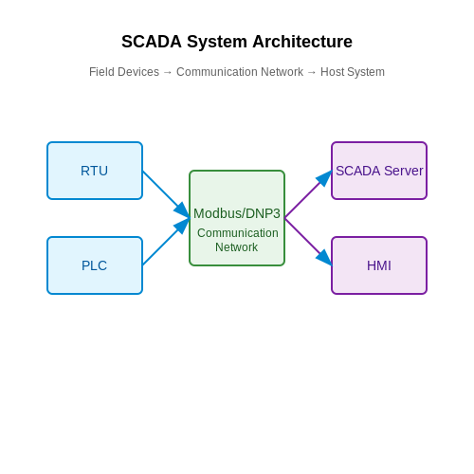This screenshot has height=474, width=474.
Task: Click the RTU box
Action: pos(95,171)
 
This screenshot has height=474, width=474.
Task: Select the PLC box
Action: pos(95,265)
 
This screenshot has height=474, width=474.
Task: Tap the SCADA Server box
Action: pos(379,171)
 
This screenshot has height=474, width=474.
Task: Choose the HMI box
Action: pos(379,265)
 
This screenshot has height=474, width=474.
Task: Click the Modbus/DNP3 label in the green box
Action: pos(237,213)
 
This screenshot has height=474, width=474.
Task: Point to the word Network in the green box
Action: pos(237,247)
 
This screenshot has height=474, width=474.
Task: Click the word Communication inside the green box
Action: pos(238,233)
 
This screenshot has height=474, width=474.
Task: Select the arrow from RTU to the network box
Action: pos(166,194)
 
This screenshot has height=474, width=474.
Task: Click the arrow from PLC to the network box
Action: pos(166,242)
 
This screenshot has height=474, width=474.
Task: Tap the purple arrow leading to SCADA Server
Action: pos(308,194)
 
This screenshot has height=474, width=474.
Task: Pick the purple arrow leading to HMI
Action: pos(308,242)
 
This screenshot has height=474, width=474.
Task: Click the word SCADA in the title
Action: pos(152,42)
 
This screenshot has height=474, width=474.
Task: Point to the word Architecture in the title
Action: pos(302,42)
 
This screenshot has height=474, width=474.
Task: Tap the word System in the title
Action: pos(217,43)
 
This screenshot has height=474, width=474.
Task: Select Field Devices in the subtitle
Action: pos(124,72)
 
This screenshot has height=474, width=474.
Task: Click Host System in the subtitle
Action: pos(353,72)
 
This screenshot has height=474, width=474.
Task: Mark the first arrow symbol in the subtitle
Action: pos(168,73)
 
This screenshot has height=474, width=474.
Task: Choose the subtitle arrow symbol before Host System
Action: pos(312,73)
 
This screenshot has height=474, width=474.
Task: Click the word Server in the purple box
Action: pos(404,171)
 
